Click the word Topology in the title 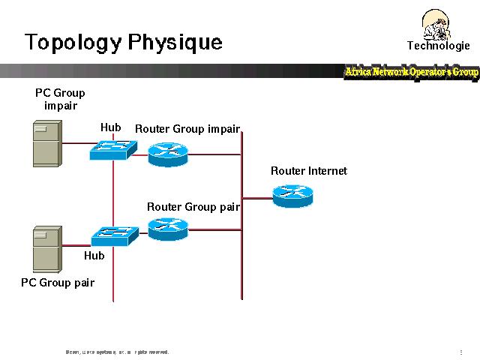tap(71, 42)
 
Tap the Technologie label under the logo tap(438, 46)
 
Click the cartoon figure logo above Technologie tap(437, 24)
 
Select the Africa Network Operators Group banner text tap(411, 72)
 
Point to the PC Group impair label tap(60, 99)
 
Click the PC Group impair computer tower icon tap(46, 144)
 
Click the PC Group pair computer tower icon tap(46, 248)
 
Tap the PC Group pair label tap(58, 283)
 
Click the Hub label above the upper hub tap(110, 127)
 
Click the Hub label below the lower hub tap(94, 256)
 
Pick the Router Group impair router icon tap(167, 154)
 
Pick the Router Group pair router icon tap(167, 228)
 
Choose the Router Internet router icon tap(292, 195)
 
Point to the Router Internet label tap(308, 171)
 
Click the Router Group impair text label tap(187, 129)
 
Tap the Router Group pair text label tap(193, 207)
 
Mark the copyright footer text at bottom tap(117, 352)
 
